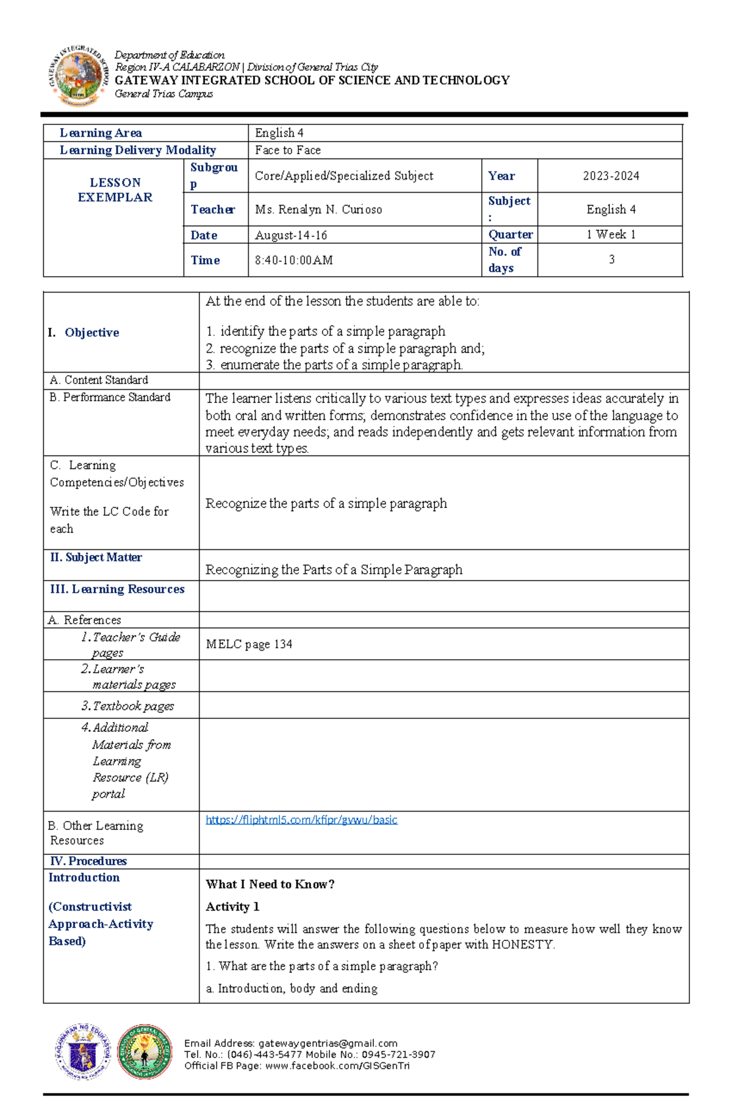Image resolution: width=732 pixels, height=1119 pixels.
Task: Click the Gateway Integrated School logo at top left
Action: click(x=78, y=76)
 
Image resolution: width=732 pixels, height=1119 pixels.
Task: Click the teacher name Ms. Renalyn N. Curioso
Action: click(x=318, y=210)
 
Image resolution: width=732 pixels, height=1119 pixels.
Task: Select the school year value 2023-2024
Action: click(x=611, y=176)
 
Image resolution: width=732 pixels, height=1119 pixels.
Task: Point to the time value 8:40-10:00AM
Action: click(x=294, y=260)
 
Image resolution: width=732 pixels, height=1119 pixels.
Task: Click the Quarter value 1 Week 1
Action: click(x=611, y=235)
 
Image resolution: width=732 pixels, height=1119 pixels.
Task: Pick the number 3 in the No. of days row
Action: click(x=611, y=260)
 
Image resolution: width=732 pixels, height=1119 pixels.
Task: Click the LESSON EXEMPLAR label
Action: click(x=115, y=190)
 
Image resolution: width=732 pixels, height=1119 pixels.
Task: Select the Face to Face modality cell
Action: click(x=288, y=151)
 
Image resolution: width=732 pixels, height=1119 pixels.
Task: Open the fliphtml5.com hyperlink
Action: click(x=301, y=820)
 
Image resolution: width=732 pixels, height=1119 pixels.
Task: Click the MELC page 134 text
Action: click(x=249, y=645)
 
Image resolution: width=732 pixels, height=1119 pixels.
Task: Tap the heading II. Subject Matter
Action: click(x=96, y=557)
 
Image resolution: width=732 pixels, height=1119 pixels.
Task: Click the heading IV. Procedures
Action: click(x=88, y=861)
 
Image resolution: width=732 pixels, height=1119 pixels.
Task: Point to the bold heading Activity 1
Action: click(x=232, y=907)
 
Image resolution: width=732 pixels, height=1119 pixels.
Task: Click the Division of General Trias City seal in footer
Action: click(x=145, y=1052)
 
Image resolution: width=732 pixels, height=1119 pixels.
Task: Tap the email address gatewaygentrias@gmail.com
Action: click(x=328, y=1043)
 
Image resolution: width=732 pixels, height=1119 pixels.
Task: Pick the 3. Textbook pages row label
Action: click(x=127, y=706)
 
